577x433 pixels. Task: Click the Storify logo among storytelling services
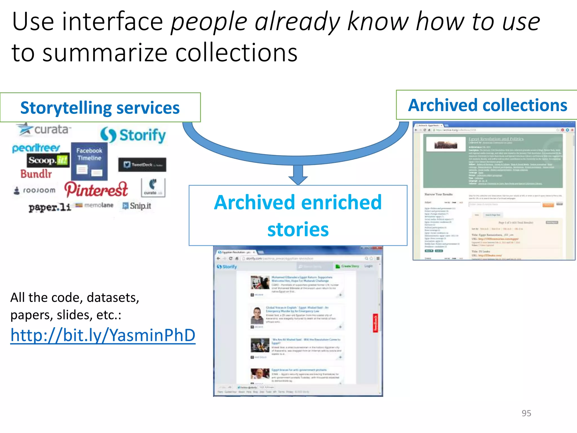[133, 135]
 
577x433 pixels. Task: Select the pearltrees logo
[36, 148]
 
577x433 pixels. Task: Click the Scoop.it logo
[48, 160]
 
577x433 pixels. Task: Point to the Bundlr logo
[36, 174]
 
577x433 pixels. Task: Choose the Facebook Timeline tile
[89, 161]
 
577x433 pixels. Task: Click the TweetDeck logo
[142, 165]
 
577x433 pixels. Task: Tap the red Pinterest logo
[96, 189]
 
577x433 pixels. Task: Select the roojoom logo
[35, 190]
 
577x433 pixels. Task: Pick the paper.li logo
[50, 207]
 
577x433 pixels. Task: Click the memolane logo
[95, 205]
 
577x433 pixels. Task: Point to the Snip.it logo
[137, 206]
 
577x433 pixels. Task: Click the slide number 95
[526, 413]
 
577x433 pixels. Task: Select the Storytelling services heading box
[100, 108]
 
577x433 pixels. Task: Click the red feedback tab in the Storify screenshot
[375, 323]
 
